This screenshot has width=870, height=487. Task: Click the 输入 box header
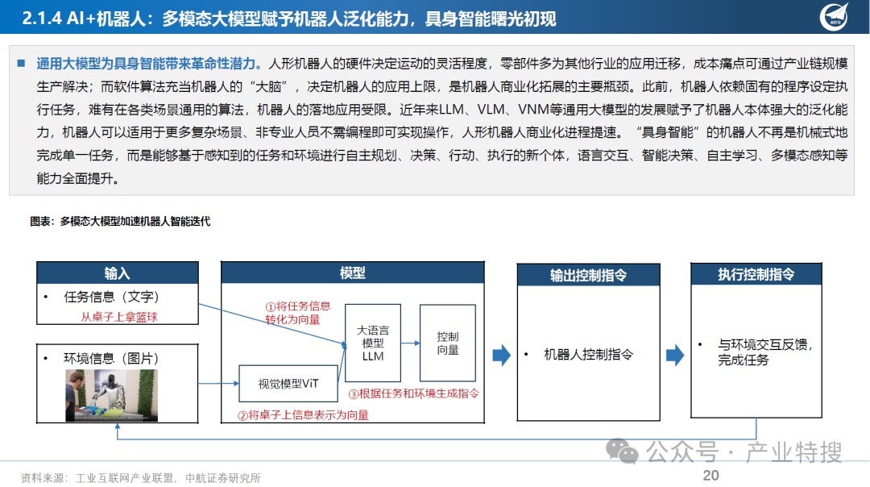click(x=117, y=273)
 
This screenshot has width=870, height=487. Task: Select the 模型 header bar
click(x=353, y=273)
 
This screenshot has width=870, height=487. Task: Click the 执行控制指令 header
click(x=756, y=274)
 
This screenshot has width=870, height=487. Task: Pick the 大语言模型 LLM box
click(x=373, y=343)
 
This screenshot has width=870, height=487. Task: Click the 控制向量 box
click(x=447, y=343)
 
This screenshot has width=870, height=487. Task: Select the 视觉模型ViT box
click(x=288, y=384)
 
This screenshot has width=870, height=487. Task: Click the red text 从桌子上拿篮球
click(x=118, y=317)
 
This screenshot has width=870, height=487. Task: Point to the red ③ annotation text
click(x=413, y=394)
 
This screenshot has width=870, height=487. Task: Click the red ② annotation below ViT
click(x=303, y=415)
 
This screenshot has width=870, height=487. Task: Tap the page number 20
click(x=710, y=476)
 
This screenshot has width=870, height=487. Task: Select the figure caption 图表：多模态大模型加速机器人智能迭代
click(x=119, y=221)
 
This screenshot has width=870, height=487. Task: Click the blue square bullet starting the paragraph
click(x=22, y=63)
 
